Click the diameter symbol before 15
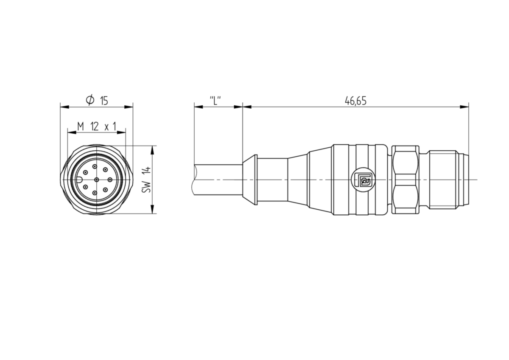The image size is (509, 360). (89, 101)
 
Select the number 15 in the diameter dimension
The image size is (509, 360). (104, 101)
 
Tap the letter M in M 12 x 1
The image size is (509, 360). (81, 126)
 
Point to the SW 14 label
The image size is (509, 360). (147, 180)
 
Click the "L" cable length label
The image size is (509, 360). (215, 101)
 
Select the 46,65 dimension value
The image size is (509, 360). (355, 101)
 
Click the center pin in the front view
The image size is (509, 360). (97, 180)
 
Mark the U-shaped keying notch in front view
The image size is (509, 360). (80, 180)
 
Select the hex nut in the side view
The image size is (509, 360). (406, 180)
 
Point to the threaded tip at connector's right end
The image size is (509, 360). (464, 180)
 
